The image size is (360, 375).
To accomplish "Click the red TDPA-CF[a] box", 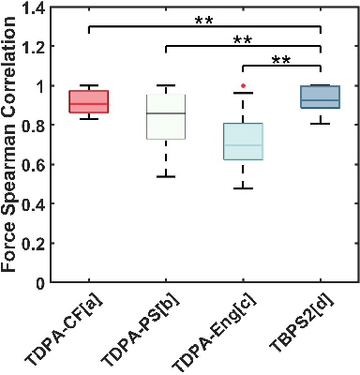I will [x=89, y=101].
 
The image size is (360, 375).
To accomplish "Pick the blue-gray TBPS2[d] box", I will [x=320, y=97].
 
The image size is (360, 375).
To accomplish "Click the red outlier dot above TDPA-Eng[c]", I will [x=243, y=85].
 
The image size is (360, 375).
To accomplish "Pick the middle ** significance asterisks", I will [x=243, y=40].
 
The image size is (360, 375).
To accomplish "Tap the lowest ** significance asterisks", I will [x=281, y=61].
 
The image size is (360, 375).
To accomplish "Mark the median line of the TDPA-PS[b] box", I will [x=166, y=113].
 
